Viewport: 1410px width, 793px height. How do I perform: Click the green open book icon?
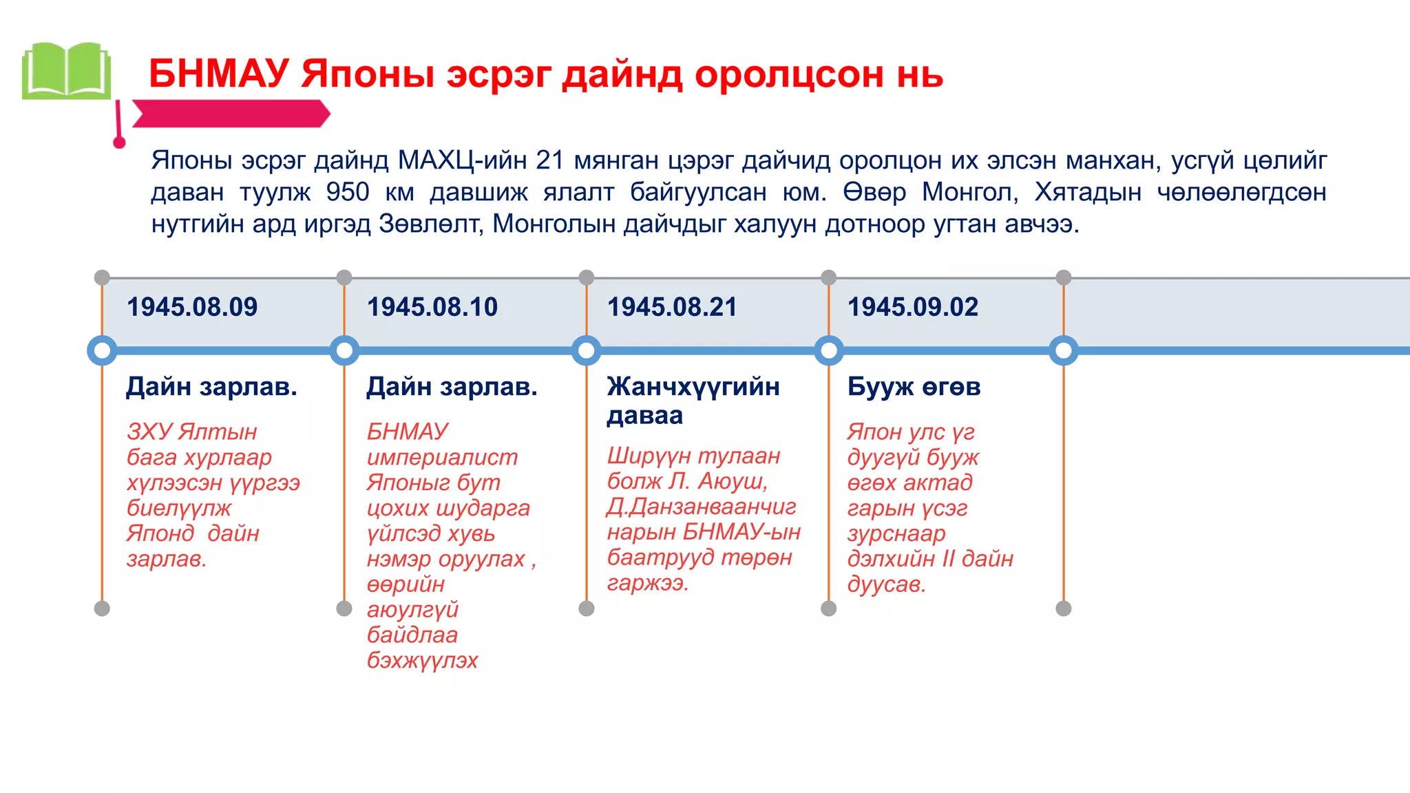click(66, 71)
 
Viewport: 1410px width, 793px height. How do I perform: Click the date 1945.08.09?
click(192, 307)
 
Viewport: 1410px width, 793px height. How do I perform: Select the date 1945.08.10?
click(432, 307)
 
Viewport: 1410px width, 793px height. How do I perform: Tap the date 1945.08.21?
click(672, 307)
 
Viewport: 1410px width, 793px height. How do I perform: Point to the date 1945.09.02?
click(913, 307)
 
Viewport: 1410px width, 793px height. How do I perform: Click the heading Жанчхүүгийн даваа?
click(693, 401)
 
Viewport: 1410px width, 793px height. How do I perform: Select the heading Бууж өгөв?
click(914, 387)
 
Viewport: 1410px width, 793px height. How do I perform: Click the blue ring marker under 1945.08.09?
click(102, 351)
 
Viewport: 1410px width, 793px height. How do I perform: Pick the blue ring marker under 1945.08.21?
click(587, 351)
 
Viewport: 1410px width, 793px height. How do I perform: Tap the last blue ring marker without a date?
click(1064, 351)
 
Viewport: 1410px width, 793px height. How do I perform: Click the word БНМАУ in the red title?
click(218, 74)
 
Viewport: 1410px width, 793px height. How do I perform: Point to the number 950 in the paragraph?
click(348, 192)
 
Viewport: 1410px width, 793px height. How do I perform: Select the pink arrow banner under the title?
click(231, 114)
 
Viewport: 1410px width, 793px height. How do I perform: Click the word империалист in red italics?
click(442, 457)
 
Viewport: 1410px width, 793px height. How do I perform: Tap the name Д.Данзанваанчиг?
click(701, 507)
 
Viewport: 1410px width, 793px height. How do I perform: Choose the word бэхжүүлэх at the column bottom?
click(422, 660)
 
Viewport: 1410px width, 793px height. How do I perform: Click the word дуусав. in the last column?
click(887, 584)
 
